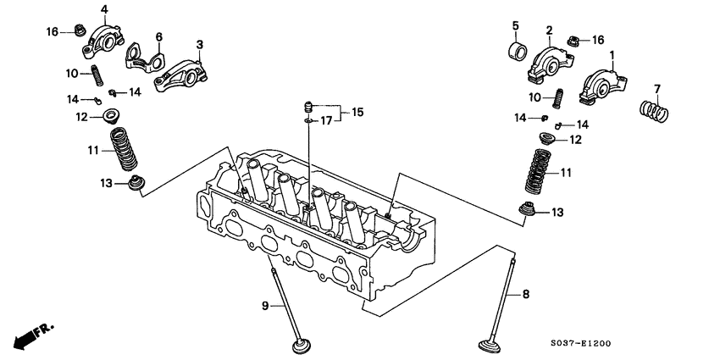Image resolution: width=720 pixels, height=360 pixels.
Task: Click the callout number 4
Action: pos(104,9)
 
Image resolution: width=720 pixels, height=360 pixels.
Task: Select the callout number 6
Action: pos(158,36)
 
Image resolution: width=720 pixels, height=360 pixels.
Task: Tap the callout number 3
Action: pos(199,44)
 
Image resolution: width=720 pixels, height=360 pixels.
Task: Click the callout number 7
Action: pos(656,89)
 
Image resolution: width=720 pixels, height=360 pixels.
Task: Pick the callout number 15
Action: pos(357,112)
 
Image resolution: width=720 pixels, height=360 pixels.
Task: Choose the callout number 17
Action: pos(325,122)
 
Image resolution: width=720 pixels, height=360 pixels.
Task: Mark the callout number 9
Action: pos(264,304)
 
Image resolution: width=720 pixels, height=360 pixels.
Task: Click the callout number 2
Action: pos(548,31)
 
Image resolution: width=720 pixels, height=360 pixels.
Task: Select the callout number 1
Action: pos(610,53)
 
